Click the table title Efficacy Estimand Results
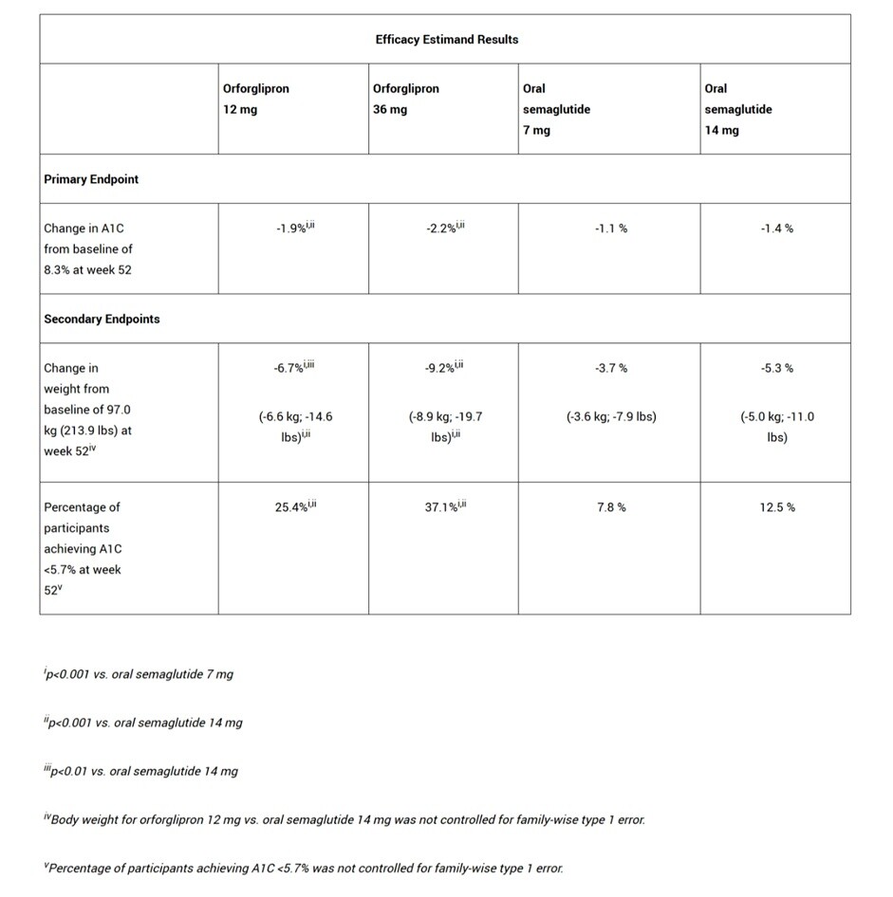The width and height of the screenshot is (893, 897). click(x=446, y=40)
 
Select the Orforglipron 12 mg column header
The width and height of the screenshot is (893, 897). click(x=256, y=99)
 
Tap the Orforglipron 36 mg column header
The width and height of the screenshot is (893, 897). click(x=406, y=99)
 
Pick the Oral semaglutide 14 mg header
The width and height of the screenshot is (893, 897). click(x=737, y=109)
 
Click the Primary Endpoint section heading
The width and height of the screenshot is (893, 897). click(x=91, y=179)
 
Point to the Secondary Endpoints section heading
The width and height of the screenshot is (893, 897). click(x=102, y=320)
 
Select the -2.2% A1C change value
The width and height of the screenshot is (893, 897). click(x=444, y=229)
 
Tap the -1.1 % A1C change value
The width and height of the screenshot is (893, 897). click(x=610, y=229)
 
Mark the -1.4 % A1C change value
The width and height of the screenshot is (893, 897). click(x=776, y=229)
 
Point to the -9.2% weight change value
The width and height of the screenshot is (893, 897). click(x=444, y=368)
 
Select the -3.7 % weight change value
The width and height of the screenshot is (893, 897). click(x=610, y=368)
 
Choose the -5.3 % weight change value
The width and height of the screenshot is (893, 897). click(x=776, y=368)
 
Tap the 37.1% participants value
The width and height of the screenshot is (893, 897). click(x=444, y=507)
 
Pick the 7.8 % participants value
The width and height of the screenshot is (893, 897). click(x=610, y=507)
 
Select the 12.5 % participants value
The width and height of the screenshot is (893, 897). click(x=776, y=507)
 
